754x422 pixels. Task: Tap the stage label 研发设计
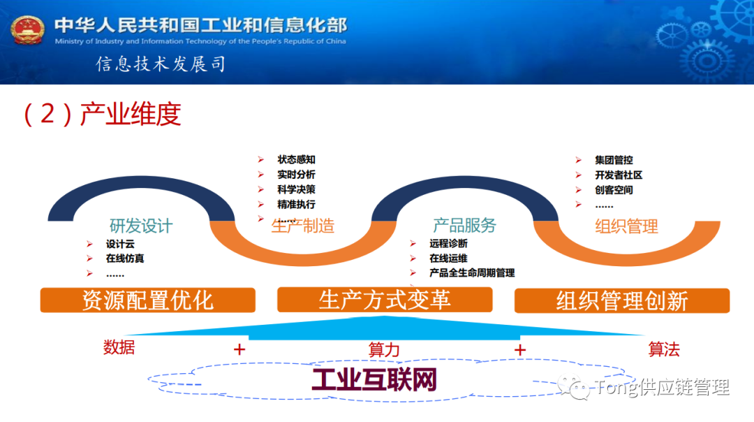tap(140, 226)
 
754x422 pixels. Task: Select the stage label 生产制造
tap(302, 225)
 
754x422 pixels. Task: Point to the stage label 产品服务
tap(464, 225)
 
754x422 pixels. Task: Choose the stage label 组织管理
tap(626, 226)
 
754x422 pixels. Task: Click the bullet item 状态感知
tap(296, 160)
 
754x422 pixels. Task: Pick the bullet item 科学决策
tap(296, 189)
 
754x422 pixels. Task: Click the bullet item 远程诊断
tap(448, 244)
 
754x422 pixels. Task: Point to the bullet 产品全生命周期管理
tap(472, 272)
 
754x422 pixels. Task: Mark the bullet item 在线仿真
tap(125, 259)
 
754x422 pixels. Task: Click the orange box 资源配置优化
tap(147, 300)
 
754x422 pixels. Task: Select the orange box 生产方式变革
tap(385, 300)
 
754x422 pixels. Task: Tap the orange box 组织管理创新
tap(621, 301)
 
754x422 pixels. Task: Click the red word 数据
tap(119, 347)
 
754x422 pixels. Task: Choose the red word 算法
tap(663, 349)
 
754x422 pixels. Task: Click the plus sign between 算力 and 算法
tap(519, 349)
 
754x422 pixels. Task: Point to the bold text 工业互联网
tap(374, 380)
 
